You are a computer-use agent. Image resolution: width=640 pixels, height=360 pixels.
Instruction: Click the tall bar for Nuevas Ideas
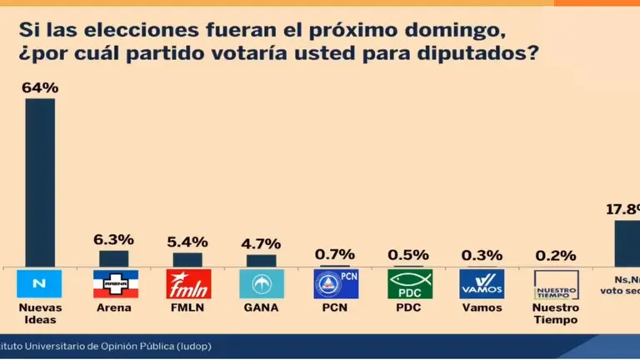click(x=40, y=182)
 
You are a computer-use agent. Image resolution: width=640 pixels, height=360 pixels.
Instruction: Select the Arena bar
click(x=114, y=258)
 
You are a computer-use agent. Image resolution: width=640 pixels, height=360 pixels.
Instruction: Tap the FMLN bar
click(x=187, y=259)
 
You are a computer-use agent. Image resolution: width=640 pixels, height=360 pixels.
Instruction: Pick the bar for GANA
click(x=261, y=260)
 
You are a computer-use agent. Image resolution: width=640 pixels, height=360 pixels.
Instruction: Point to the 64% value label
click(x=40, y=86)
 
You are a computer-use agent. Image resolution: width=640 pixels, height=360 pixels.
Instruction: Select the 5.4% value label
click(x=187, y=241)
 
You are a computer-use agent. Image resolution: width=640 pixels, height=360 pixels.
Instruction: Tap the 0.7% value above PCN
click(x=335, y=254)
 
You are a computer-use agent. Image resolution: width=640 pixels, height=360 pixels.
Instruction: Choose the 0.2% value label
click(x=556, y=256)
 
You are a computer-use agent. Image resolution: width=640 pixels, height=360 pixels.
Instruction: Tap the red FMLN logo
click(x=187, y=284)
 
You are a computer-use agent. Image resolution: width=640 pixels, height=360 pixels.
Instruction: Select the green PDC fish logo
click(x=409, y=284)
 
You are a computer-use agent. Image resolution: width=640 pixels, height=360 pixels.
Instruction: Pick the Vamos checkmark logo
click(x=482, y=284)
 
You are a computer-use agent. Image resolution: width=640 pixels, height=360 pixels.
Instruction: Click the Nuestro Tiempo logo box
click(x=556, y=284)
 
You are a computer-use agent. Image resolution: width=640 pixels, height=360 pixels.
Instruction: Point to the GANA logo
click(x=261, y=284)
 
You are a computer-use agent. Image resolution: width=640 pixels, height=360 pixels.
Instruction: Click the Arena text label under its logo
click(x=114, y=307)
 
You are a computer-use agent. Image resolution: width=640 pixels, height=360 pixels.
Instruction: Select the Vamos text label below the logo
click(x=482, y=307)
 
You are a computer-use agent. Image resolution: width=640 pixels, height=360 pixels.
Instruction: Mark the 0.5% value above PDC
click(x=409, y=255)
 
